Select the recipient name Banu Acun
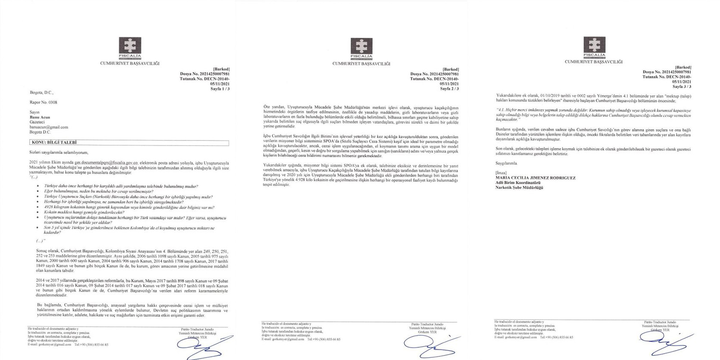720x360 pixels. click(39, 117)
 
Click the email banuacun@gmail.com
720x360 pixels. click(49, 127)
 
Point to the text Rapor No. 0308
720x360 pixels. click(43, 103)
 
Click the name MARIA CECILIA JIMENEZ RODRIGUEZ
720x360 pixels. click(535, 178)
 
